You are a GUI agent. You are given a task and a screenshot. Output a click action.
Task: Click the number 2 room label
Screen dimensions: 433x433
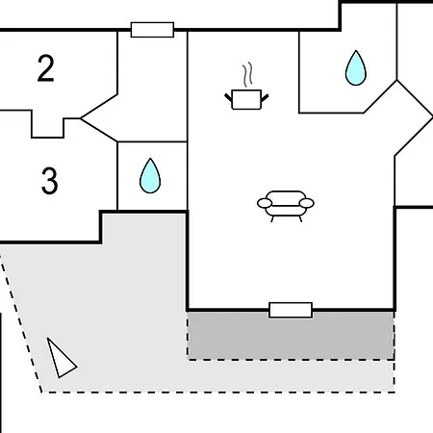click(x=45, y=68)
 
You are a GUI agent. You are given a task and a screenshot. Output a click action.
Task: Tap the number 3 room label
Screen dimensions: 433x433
click(x=50, y=181)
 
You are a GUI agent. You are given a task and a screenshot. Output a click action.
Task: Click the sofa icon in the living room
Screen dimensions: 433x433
click(x=286, y=206)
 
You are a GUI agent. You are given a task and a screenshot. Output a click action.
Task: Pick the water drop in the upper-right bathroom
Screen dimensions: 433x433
click(x=356, y=68)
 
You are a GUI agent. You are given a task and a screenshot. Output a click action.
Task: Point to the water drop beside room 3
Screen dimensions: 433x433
click(x=150, y=176)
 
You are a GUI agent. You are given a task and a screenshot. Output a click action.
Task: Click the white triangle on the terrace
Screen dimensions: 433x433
click(x=61, y=358)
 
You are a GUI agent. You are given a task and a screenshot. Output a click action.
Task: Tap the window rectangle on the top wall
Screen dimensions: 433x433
click(x=152, y=30)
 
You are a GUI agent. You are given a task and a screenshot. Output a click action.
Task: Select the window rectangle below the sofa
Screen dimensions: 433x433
click(x=291, y=310)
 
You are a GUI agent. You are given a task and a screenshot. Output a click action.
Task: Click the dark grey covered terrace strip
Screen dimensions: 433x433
click(x=291, y=336)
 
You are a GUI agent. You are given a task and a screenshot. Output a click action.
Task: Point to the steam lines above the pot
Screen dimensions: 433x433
click(x=247, y=75)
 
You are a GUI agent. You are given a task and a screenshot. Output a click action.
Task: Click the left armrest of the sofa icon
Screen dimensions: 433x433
click(x=265, y=203)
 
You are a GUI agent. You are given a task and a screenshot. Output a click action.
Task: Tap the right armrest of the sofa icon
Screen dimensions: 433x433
click(x=307, y=203)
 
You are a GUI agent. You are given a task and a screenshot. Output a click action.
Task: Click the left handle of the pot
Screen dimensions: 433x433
click(x=228, y=97)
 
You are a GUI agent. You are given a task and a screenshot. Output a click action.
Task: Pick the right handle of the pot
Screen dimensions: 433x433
click(x=265, y=97)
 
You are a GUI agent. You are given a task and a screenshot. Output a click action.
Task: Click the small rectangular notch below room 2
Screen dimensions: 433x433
click(x=47, y=128)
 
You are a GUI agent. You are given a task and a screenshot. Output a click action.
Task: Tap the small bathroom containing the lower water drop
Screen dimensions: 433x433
click(x=152, y=176)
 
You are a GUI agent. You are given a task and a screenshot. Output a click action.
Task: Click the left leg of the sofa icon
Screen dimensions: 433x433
click(x=272, y=219)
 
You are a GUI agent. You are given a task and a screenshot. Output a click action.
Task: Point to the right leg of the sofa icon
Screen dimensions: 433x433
click(x=300, y=219)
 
